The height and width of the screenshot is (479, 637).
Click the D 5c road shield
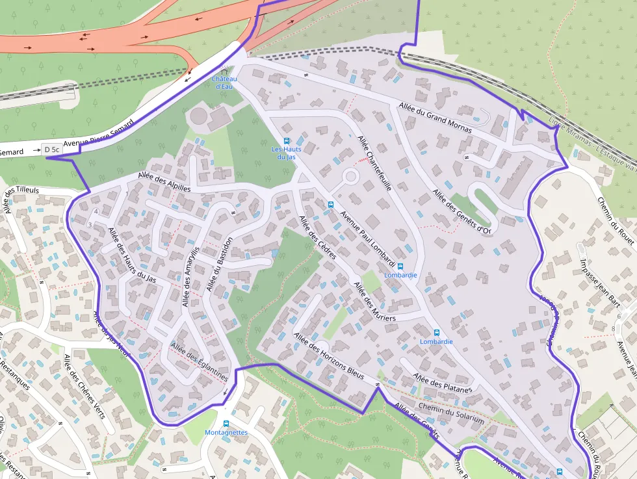(x=52, y=149)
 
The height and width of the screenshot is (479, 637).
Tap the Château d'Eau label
(x=224, y=83)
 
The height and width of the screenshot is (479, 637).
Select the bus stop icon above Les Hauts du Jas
(x=286, y=140)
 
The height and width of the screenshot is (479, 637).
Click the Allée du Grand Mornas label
(x=435, y=118)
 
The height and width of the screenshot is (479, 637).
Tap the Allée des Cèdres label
(x=317, y=237)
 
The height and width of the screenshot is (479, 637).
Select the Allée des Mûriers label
(x=374, y=301)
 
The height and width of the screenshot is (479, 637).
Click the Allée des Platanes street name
(x=442, y=383)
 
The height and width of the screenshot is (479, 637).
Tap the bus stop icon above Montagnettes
(x=226, y=423)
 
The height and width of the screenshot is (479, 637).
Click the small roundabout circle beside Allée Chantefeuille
(x=351, y=176)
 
